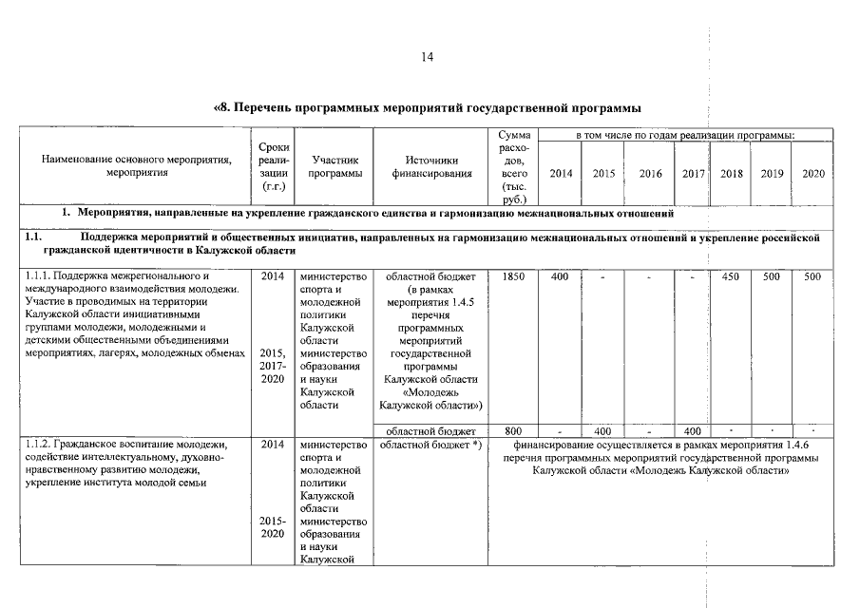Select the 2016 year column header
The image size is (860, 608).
point(651,174)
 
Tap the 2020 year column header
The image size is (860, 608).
point(813,174)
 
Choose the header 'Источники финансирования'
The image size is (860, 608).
point(430,167)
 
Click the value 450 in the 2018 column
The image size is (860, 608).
point(731,275)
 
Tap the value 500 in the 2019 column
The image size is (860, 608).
point(772,275)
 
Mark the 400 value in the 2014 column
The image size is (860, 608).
point(560,275)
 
